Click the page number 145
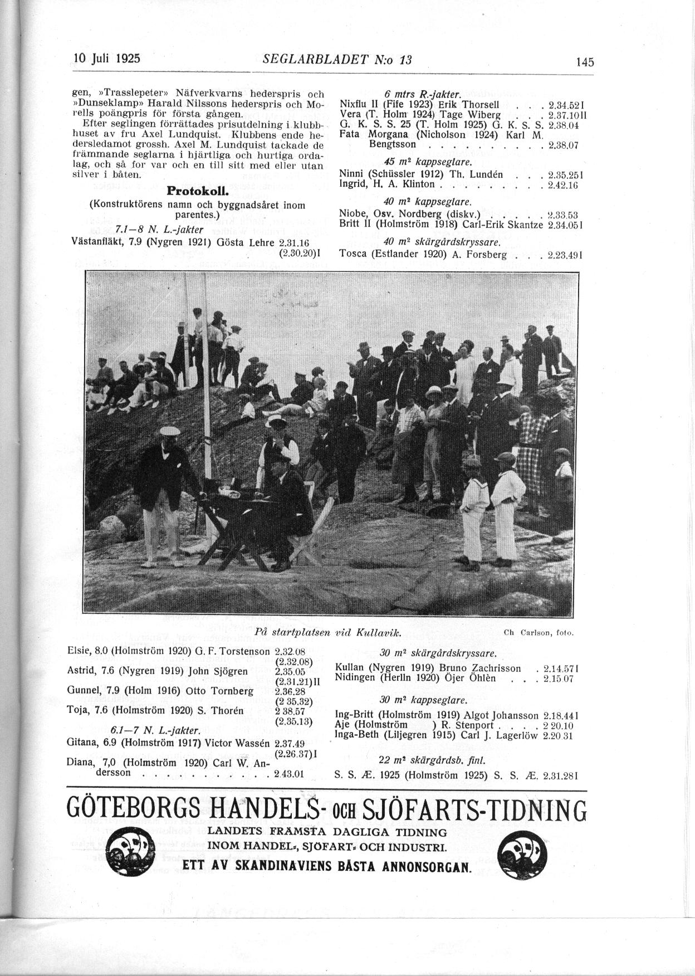(585, 62)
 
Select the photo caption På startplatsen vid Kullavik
(329, 632)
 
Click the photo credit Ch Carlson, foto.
(538, 633)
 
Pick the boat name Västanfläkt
(95, 242)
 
